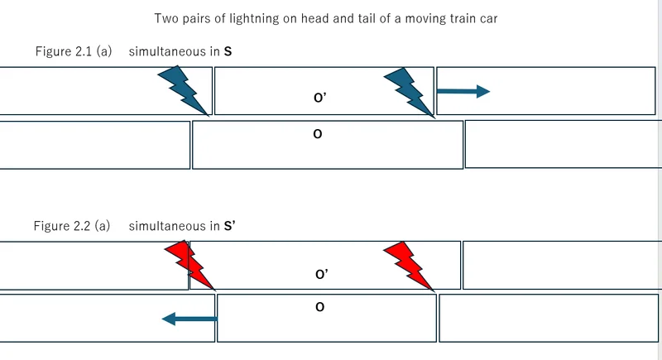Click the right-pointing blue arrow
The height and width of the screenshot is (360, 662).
click(x=463, y=91)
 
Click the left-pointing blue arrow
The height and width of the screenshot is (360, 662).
click(x=189, y=318)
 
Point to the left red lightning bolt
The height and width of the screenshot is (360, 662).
click(x=190, y=265)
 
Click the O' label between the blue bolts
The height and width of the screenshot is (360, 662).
click(x=319, y=98)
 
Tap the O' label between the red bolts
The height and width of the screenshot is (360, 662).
click(x=322, y=274)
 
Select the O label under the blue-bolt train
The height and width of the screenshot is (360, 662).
click(x=317, y=133)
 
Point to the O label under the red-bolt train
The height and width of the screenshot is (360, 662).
click(x=319, y=308)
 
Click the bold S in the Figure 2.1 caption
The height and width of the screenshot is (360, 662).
click(x=228, y=51)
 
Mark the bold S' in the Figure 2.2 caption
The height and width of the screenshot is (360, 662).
click(x=230, y=226)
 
